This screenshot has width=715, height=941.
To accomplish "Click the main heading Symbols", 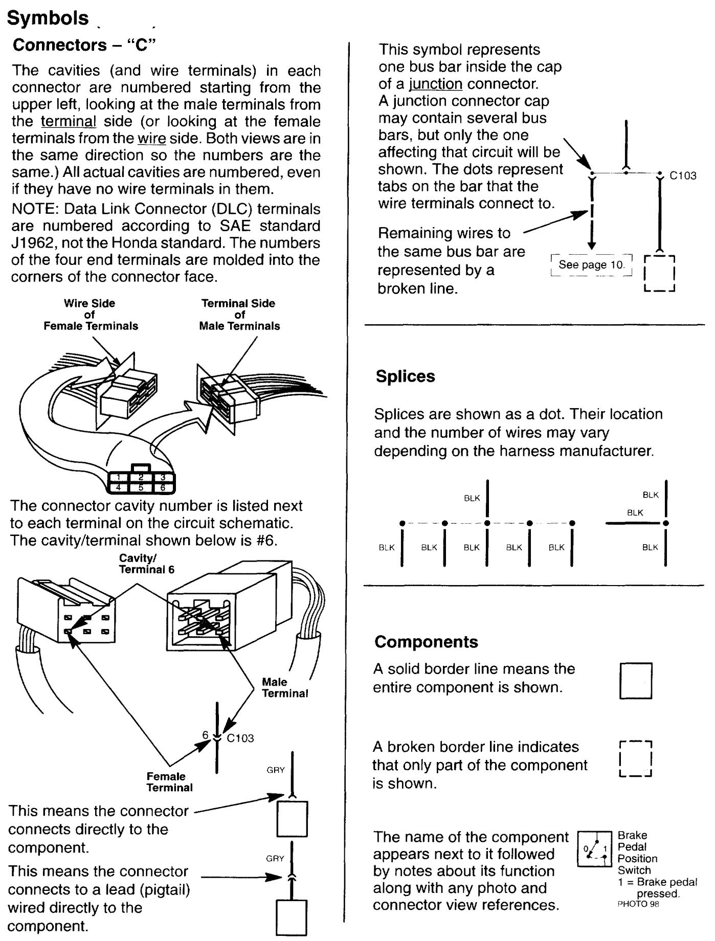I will pyautogui.click(x=48, y=18).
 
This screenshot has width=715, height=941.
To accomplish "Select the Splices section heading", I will pyautogui.click(x=405, y=376).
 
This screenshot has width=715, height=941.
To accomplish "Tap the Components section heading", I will pyautogui.click(x=426, y=642).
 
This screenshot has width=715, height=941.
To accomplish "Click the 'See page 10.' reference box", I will pyautogui.click(x=591, y=264).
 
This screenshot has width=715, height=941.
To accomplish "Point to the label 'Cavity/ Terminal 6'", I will pyautogui.click(x=146, y=564).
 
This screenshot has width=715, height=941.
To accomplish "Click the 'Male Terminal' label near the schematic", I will pyautogui.click(x=284, y=688).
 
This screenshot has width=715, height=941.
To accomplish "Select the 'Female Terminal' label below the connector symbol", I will pyautogui.click(x=169, y=782).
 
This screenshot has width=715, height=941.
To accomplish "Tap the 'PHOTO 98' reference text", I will pyautogui.click(x=638, y=904).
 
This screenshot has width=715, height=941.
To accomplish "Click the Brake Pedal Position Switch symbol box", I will pyautogui.click(x=594, y=849).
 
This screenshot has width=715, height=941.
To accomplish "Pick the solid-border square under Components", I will pyautogui.click(x=636, y=681).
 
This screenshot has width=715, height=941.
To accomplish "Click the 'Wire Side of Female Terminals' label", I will pyautogui.click(x=91, y=315).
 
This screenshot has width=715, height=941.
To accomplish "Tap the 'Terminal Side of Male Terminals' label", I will pyautogui.click(x=239, y=315).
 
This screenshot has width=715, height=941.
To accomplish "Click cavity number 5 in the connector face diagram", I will pyautogui.click(x=141, y=487).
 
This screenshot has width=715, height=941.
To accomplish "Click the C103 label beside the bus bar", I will pyautogui.click(x=683, y=176).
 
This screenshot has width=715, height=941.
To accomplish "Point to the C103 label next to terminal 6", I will pyautogui.click(x=240, y=738).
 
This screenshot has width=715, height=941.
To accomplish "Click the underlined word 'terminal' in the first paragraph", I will pyautogui.click(x=69, y=122).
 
